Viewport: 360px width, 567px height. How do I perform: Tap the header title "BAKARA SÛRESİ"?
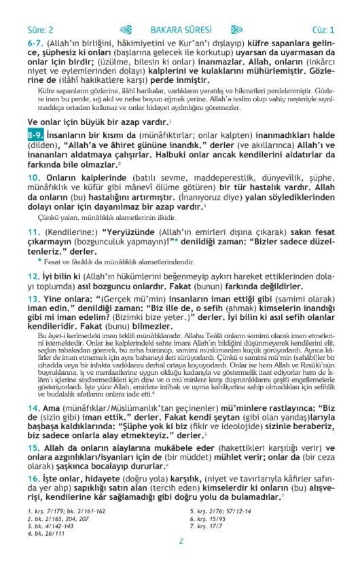181,30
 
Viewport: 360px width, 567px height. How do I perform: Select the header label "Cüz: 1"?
323,30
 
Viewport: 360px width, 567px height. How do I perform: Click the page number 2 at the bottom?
181,541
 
